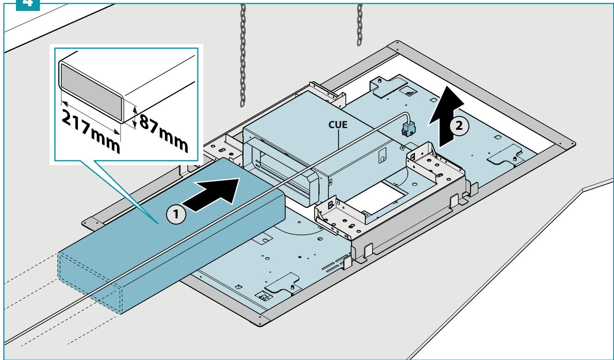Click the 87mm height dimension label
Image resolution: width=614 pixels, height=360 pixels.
164,133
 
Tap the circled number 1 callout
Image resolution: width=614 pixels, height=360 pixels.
176,214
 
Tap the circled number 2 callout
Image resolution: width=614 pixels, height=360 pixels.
459,126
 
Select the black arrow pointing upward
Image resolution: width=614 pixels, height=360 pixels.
446,116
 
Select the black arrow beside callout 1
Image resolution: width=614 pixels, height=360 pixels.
211,194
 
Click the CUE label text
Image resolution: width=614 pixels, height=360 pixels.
338,125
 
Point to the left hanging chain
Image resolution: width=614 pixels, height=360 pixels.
243,55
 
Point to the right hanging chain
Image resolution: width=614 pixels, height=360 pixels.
359,25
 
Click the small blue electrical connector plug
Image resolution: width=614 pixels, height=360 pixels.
408,129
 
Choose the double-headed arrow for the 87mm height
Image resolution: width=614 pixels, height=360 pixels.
134,117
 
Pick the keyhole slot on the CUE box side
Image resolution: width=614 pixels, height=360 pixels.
382,156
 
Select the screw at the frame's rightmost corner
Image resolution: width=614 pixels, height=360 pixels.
572,143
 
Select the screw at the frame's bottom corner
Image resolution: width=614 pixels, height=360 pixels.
260,323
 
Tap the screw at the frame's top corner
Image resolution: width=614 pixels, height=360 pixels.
397,43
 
